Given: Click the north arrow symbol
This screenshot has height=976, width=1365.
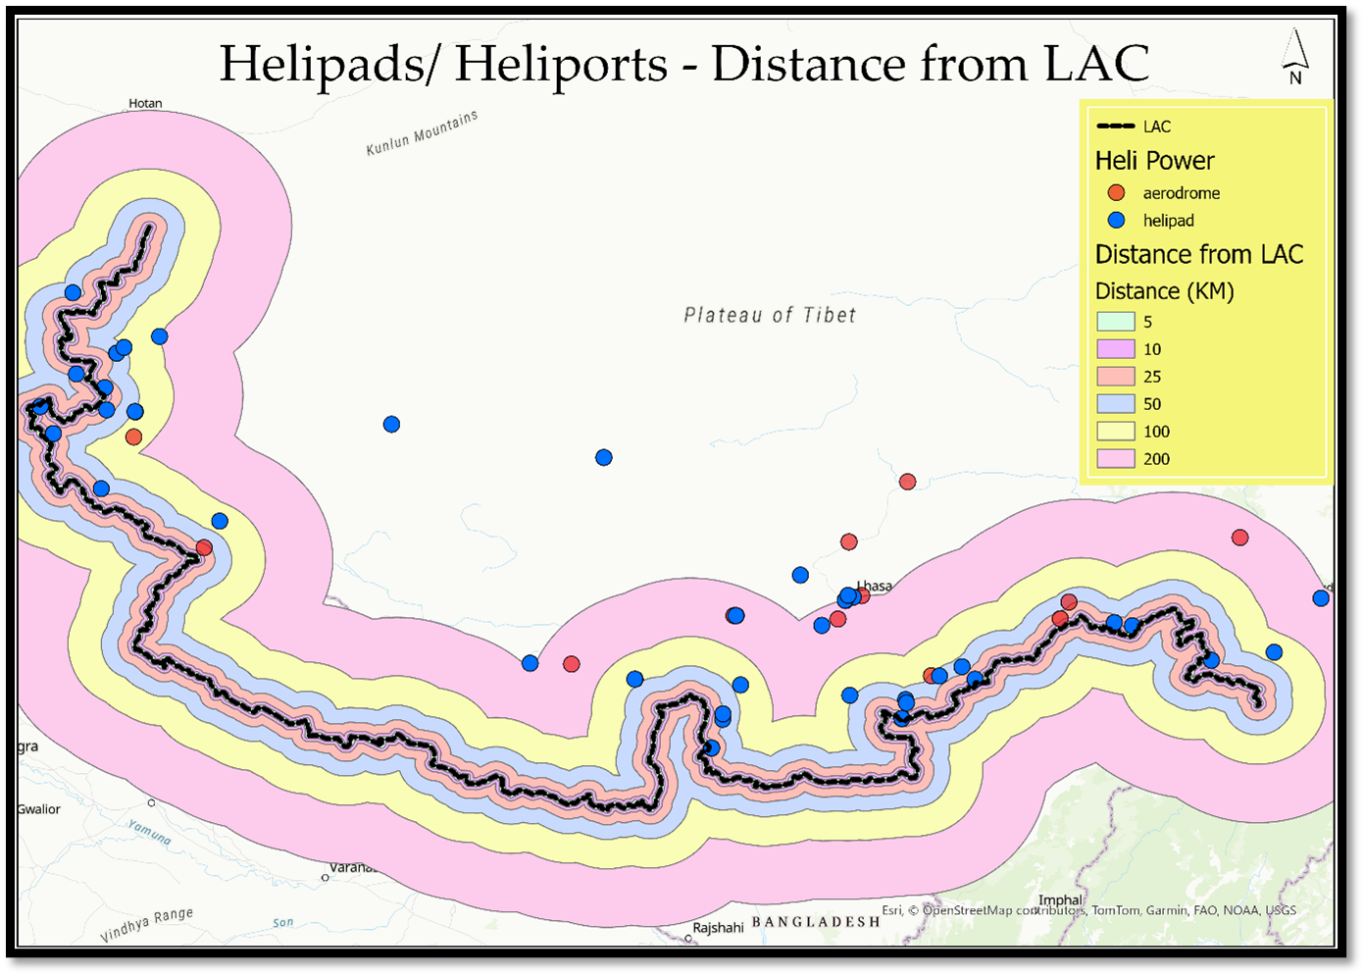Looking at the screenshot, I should (1295, 57).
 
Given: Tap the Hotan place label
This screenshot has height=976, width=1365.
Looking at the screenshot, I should (146, 103).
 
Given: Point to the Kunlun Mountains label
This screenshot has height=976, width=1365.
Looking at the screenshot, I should (422, 132).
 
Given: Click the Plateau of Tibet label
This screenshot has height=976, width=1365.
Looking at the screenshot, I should (770, 315).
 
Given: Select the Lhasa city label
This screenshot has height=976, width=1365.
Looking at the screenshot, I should (875, 586).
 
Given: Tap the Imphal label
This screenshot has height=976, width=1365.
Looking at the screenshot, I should (1060, 899).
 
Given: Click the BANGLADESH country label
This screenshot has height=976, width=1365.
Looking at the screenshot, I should (816, 921).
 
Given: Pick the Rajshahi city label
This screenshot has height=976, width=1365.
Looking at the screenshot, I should (718, 927).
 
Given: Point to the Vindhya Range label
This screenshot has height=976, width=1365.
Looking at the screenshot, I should (146, 925).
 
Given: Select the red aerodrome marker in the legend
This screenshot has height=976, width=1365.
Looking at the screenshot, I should (1116, 193).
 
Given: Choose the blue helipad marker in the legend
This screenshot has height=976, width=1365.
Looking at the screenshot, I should (1116, 221).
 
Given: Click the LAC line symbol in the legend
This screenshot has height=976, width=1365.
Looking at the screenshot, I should (1116, 127).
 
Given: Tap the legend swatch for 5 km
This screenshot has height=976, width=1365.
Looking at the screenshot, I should (1115, 322).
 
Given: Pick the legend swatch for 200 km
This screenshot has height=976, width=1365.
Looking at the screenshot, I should (1115, 459).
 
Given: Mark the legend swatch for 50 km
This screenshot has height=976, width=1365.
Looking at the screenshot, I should (1115, 404).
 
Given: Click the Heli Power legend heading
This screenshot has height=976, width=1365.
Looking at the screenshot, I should (1154, 161).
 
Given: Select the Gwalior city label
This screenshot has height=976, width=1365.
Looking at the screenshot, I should (39, 809).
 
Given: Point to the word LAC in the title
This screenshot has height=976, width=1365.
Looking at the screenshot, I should (1096, 65).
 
